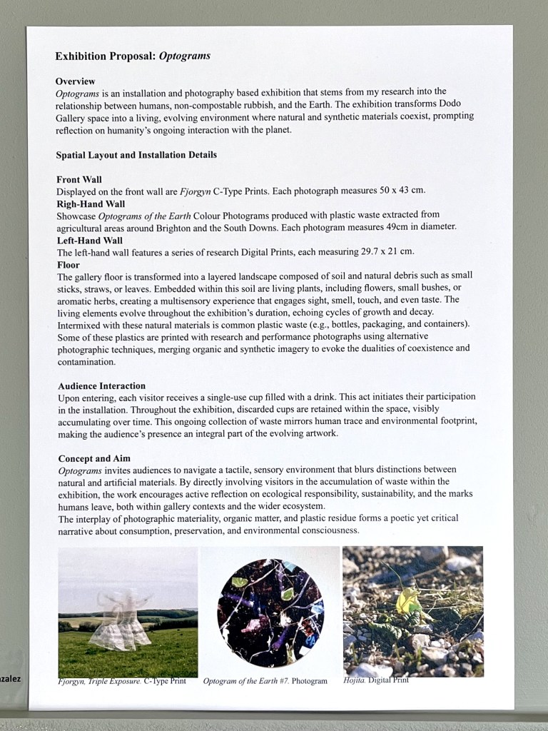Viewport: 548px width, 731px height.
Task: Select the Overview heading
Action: pyautogui.click(x=75, y=81)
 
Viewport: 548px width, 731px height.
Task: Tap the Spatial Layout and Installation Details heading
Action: pyautogui.click(x=136, y=154)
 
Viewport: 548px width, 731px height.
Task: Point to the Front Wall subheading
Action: pyautogui.click(x=78, y=179)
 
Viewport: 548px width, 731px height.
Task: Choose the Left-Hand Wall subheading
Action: pyautogui.click(x=89, y=241)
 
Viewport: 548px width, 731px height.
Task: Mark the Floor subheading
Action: pyautogui.click(x=68, y=264)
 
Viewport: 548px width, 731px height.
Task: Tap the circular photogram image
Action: pyautogui.click(x=270, y=612)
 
